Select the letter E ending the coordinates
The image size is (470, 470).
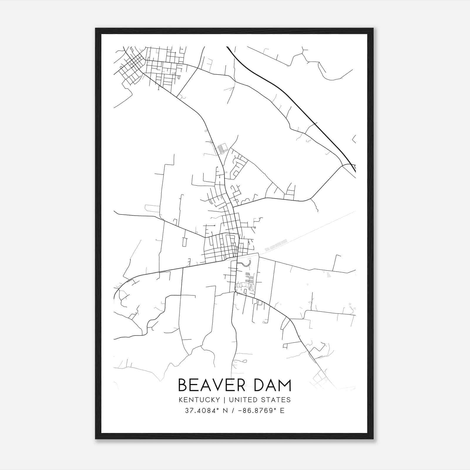(x=282, y=411)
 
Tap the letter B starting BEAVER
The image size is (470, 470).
(x=183, y=385)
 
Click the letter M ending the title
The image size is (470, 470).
(x=285, y=385)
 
